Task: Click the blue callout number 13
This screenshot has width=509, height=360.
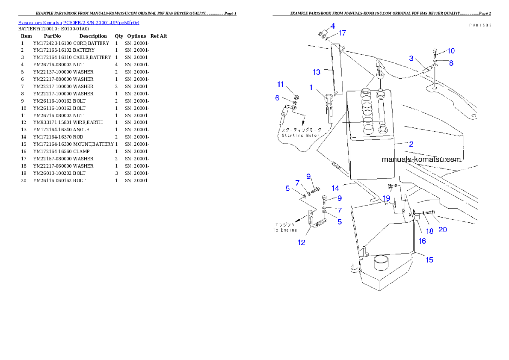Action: (x=317, y=72)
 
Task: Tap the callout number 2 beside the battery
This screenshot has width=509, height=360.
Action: (x=411, y=144)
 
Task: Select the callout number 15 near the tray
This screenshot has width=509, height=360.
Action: (x=429, y=260)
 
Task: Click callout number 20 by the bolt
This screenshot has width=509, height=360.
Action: (x=443, y=230)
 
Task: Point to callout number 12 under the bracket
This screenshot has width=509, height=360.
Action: (x=302, y=242)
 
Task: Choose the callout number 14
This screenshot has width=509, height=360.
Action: (x=335, y=188)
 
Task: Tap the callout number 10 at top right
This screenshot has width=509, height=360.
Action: (x=451, y=50)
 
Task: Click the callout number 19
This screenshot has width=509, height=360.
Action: (x=386, y=198)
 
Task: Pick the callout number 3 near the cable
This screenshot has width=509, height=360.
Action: (x=411, y=58)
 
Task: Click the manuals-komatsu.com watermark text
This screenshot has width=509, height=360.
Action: (x=421, y=160)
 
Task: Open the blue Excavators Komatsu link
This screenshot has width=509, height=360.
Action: (x=79, y=22)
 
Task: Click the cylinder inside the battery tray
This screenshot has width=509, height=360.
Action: (x=382, y=262)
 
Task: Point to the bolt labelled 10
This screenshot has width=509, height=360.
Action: (x=435, y=53)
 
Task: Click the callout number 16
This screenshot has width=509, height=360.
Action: (x=422, y=241)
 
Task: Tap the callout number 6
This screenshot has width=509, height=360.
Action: (x=277, y=98)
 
